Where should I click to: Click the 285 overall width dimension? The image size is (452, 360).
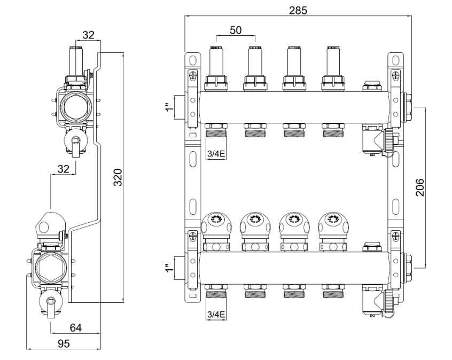coord(298,10)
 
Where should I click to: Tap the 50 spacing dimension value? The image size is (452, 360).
coord(236,30)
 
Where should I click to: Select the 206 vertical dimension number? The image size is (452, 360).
coord(420,187)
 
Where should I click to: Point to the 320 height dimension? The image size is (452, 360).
coord(118,177)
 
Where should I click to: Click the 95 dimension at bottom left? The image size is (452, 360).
coord(64,343)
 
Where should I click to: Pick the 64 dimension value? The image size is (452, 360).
coord(75,327)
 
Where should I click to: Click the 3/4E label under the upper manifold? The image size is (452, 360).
coord(216,154)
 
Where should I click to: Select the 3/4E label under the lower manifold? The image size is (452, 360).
coord(216,315)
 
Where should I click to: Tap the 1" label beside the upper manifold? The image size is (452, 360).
coord(170,107)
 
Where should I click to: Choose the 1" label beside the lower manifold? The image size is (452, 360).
coord(170,268)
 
